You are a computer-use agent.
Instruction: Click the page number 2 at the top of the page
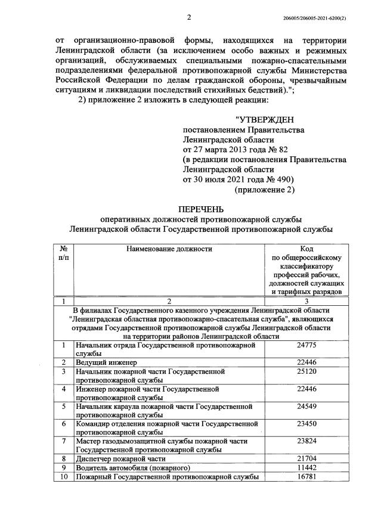189,17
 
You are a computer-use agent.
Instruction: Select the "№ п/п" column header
63,253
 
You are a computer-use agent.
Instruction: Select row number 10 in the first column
63,477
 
